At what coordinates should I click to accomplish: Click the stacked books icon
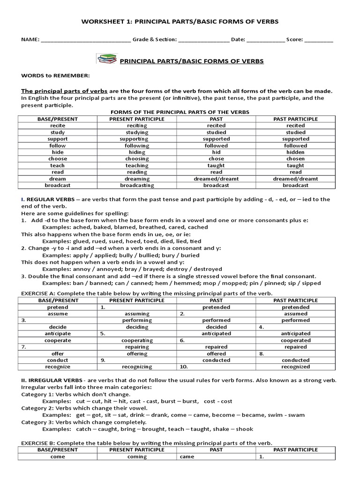click(107, 59)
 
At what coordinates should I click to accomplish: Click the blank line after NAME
click(86, 41)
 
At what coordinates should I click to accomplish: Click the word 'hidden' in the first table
click(295, 152)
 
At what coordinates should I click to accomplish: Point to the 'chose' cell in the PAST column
click(216, 159)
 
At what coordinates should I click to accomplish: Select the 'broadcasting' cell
click(137, 185)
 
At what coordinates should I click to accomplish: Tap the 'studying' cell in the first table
click(137, 133)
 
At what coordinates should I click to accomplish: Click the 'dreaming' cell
click(137, 179)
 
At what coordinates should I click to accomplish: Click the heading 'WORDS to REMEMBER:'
click(55, 75)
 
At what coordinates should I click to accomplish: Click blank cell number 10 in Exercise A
click(216, 367)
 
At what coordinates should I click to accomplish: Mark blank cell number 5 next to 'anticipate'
click(137, 334)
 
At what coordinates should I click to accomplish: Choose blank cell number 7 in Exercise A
click(58, 347)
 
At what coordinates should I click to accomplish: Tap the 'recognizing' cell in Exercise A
click(137, 367)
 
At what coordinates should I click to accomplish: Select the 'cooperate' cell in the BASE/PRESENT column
click(58, 340)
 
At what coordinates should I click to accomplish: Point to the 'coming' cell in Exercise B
click(137, 457)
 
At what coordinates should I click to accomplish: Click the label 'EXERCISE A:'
click(38, 293)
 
